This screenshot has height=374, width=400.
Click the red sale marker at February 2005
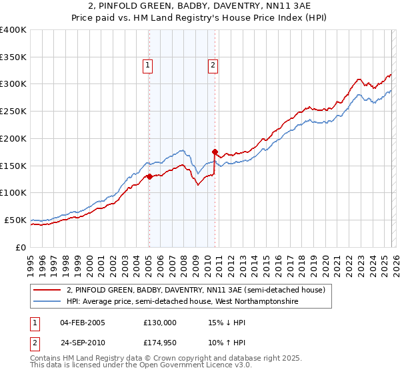(149, 176)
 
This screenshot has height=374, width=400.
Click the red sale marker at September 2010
(215, 152)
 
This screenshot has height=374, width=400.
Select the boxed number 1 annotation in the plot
(147, 65)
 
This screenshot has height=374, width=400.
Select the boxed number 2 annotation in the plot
(213, 65)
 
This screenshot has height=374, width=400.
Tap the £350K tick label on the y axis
(13, 57)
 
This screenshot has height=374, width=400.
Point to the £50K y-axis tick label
(15, 220)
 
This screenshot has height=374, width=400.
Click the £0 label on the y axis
(21, 247)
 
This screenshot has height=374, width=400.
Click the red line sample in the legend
(47, 291)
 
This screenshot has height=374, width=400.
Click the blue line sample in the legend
(47, 302)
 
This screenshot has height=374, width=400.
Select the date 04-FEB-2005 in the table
(82, 323)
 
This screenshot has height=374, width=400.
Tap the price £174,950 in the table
(160, 343)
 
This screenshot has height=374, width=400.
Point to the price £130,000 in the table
(160, 323)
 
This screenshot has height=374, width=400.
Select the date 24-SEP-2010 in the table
(82, 343)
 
